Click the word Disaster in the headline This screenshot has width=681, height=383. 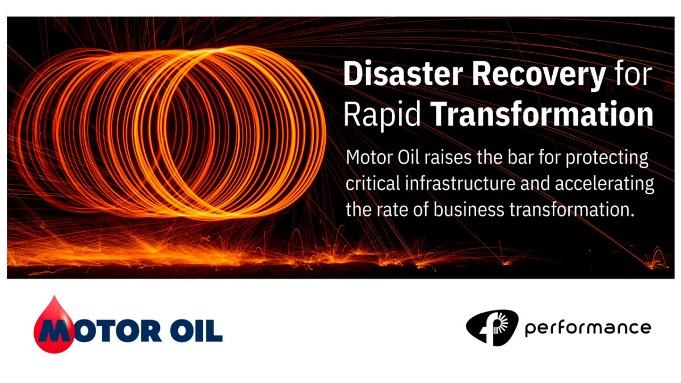pos(403,74)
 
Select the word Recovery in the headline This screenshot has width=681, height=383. pos(539,75)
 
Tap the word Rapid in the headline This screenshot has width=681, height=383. pos(382,115)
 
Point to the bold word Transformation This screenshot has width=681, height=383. pos(542,113)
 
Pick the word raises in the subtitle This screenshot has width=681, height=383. pos(448,158)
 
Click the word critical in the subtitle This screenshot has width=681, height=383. pos(373,184)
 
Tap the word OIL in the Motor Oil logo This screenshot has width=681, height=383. pos(196,331)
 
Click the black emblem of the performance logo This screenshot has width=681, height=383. pos(493,328)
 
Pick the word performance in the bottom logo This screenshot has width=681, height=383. pos(588,329)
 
